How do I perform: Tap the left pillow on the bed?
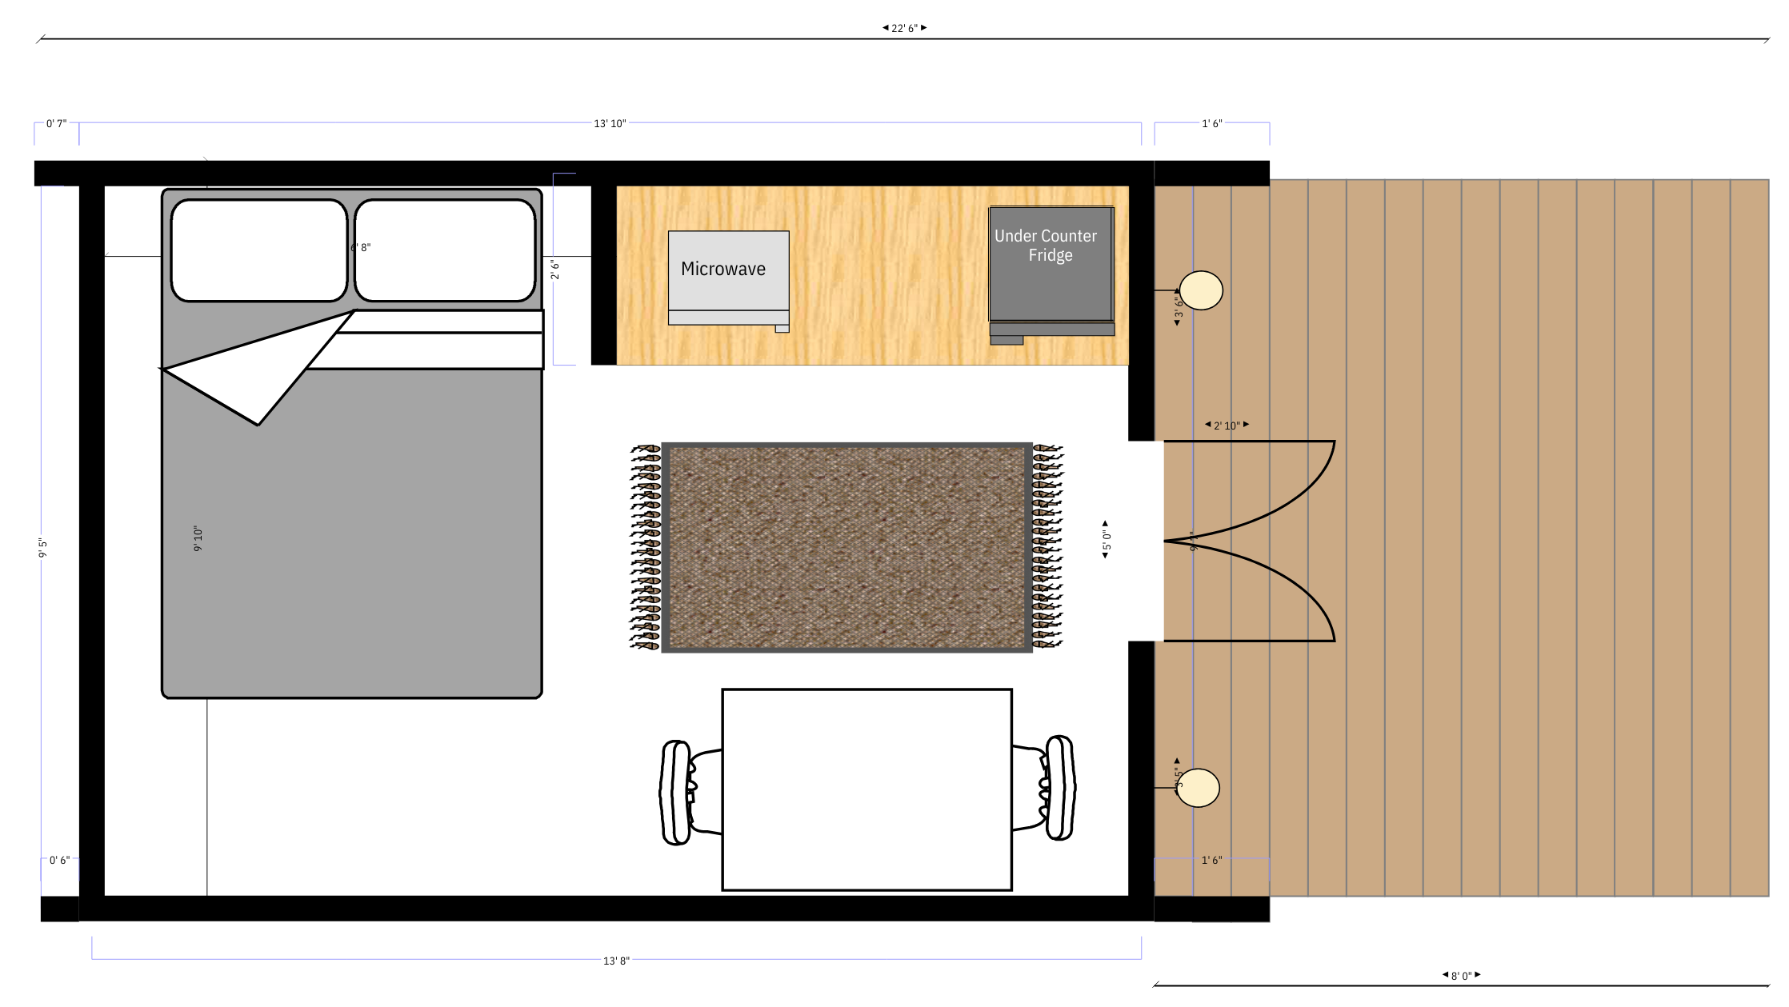click(259, 250)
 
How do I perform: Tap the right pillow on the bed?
click(445, 250)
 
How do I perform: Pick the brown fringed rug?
click(846, 547)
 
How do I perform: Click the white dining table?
click(866, 789)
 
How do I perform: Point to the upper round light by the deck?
click(1201, 290)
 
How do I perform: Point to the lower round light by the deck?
click(1198, 788)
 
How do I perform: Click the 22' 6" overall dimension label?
click(904, 28)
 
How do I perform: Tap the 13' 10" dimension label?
click(610, 123)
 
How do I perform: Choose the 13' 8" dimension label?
click(616, 961)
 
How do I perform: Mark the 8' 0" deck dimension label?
click(1461, 976)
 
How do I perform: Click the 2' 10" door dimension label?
click(1227, 426)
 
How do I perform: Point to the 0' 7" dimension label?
click(56, 123)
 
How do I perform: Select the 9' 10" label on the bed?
click(198, 538)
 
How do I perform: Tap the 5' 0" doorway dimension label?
click(1106, 540)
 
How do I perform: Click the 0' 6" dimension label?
click(59, 861)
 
